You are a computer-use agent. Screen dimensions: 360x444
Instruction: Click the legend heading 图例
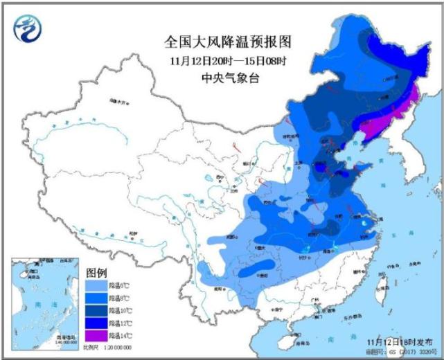tap(96, 270)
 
